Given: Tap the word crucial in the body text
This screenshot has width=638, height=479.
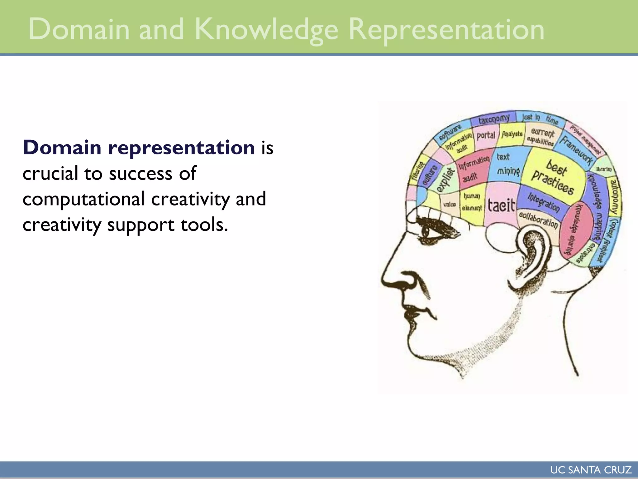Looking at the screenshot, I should coord(50,173).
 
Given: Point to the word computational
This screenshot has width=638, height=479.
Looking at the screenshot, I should coord(83,199).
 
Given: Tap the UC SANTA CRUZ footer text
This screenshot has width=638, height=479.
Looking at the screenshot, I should coord(591,470).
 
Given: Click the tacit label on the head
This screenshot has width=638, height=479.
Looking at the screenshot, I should coord(501,206).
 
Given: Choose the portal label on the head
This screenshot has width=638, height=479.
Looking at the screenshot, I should coord(486,135).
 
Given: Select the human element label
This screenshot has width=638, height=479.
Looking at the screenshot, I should coord(472,202).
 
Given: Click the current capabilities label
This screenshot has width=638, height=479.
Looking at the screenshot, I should coord(542,137).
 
